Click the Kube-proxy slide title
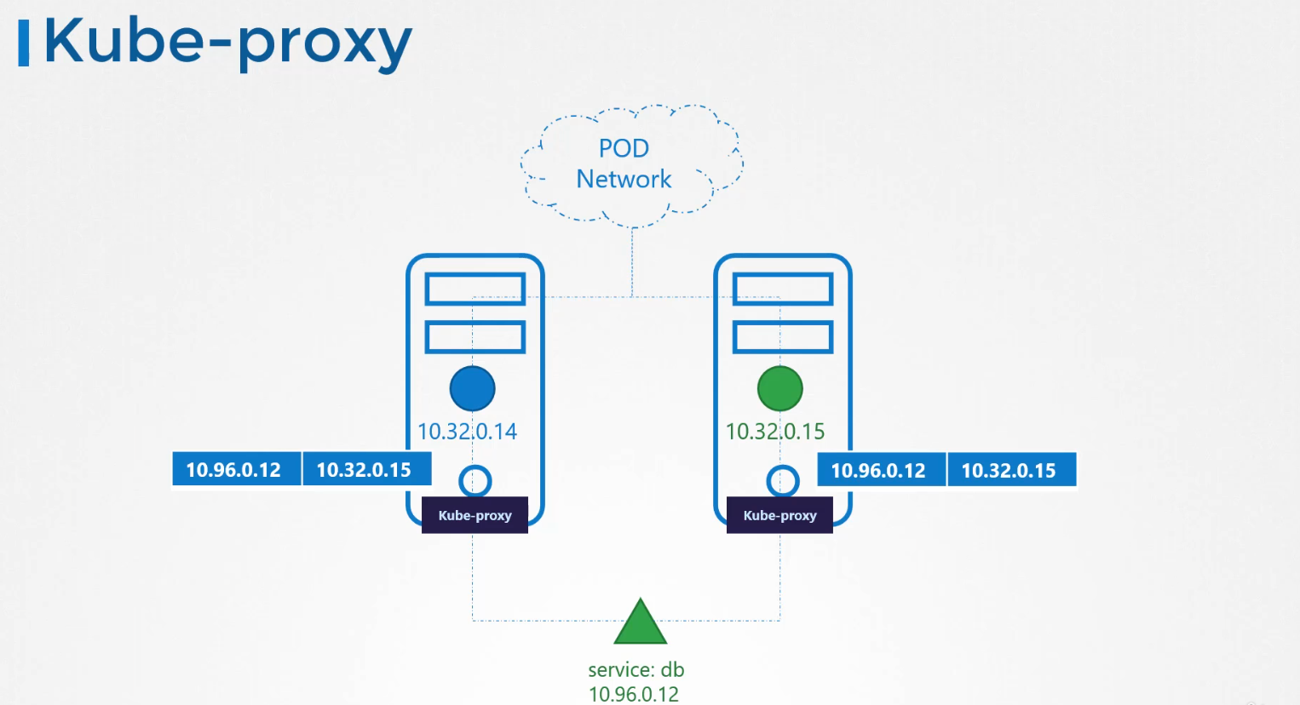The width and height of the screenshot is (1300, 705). point(228,43)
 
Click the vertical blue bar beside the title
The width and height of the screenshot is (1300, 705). point(24,44)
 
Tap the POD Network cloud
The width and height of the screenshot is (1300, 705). point(630,164)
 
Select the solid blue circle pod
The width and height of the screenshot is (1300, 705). point(472,388)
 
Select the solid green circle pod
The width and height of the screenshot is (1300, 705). point(779,388)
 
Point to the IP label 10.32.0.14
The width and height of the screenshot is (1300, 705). point(467,432)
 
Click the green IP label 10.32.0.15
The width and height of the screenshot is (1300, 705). point(774,432)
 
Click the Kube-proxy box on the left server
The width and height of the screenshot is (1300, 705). point(475,516)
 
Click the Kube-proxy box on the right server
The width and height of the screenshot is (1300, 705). point(779,516)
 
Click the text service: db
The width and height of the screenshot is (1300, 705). point(636,670)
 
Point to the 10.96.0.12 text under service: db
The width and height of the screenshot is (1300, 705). point(634,694)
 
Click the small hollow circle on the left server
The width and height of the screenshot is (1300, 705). point(475,481)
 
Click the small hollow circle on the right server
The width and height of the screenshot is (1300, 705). point(782,481)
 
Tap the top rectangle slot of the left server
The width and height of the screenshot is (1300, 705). point(475,289)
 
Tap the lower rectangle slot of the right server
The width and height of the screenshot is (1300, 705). point(783,337)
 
